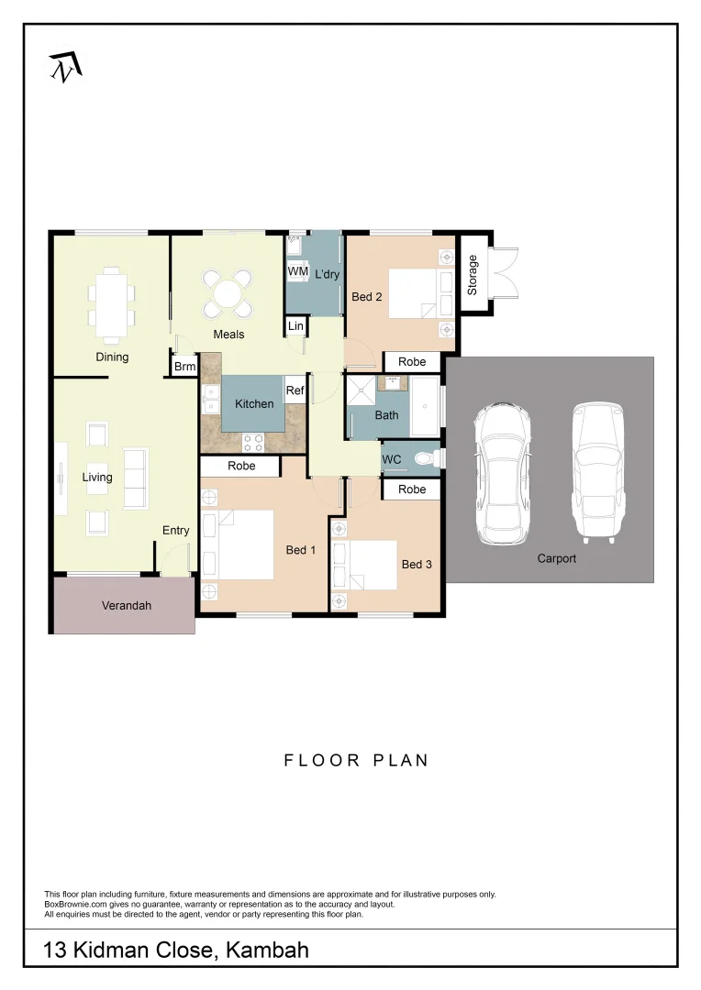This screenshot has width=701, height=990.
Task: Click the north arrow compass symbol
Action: coord(65,66)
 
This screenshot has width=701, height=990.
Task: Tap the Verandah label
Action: coord(126,606)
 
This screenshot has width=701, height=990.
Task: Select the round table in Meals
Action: coord(227,292)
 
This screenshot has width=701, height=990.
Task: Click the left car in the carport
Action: coord(501,472)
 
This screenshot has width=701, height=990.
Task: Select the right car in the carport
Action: coord(597,470)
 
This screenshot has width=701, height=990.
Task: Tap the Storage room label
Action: coord(473,275)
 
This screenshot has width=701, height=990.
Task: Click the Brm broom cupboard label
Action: coord(185,367)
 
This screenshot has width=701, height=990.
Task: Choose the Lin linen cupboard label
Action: coord(295,326)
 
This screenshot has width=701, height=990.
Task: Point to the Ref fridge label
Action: coord(295,390)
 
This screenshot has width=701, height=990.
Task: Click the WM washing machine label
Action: coord(297,272)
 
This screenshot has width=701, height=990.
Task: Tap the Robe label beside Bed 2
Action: coord(412,362)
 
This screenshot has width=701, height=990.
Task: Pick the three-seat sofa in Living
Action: coord(135,478)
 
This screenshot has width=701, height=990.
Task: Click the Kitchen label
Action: coord(254,404)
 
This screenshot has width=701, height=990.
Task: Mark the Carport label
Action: coord(557,558)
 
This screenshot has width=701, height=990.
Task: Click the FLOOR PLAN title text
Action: coord(356,760)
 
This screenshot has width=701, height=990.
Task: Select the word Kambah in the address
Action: coord(264,951)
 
